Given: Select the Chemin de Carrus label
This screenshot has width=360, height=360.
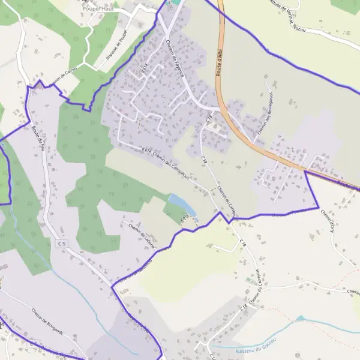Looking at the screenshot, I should [x=66, y=76].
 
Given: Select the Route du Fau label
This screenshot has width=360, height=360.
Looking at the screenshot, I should [x=39, y=138].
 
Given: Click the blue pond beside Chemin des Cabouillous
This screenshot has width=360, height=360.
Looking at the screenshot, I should [x=182, y=205].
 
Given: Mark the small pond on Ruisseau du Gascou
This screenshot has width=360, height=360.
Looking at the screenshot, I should [x=300, y=318].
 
